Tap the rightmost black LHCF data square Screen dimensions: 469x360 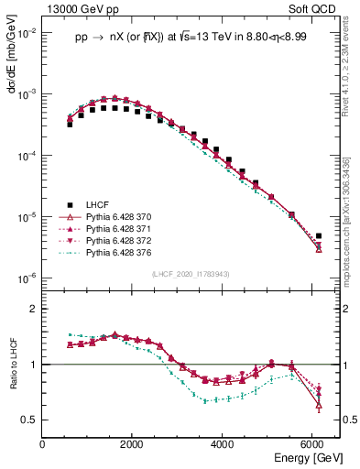click(318, 236)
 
